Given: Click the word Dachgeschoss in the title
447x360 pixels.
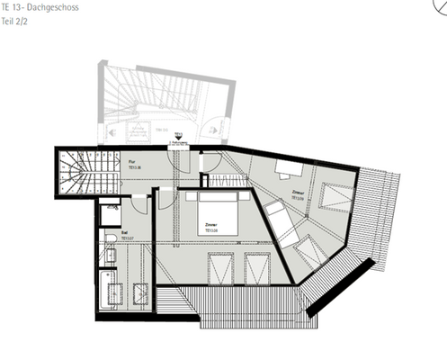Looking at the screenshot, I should tap(53, 6).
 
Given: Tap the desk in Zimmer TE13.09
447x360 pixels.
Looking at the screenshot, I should tap(289, 168).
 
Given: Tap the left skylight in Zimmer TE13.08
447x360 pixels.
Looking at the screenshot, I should tap(219, 267).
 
